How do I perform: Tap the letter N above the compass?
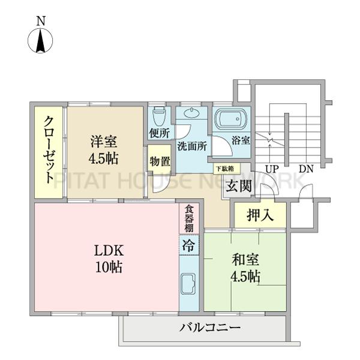(x=41, y=20)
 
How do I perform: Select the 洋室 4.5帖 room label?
(x=104, y=150)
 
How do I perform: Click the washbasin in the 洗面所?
(x=192, y=114)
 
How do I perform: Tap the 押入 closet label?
(x=260, y=215)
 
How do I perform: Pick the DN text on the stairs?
(x=306, y=169)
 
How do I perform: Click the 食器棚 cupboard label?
(x=188, y=218)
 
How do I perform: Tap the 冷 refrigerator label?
(x=188, y=245)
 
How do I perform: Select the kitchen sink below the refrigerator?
(x=188, y=282)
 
